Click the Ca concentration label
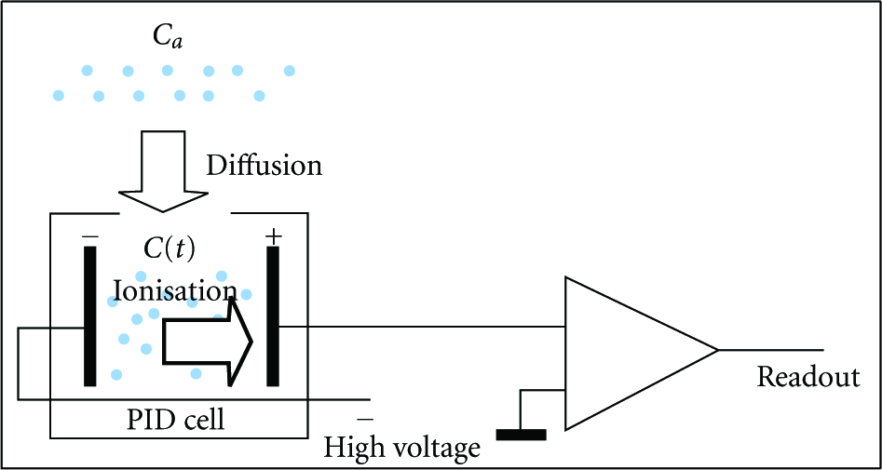click(x=167, y=37)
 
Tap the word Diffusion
click(x=265, y=166)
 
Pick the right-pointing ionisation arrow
click(x=208, y=342)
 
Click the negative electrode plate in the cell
click(x=90, y=316)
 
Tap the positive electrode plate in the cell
click(x=273, y=316)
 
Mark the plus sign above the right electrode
click(x=273, y=237)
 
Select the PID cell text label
click(x=178, y=420)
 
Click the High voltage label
click(x=403, y=448)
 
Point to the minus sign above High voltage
click(x=364, y=420)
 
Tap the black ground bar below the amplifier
click(x=522, y=435)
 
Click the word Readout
click(x=808, y=377)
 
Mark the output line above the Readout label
click(x=771, y=350)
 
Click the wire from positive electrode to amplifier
click(x=422, y=326)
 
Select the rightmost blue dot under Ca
click(x=289, y=71)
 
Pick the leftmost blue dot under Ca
click(x=59, y=96)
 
